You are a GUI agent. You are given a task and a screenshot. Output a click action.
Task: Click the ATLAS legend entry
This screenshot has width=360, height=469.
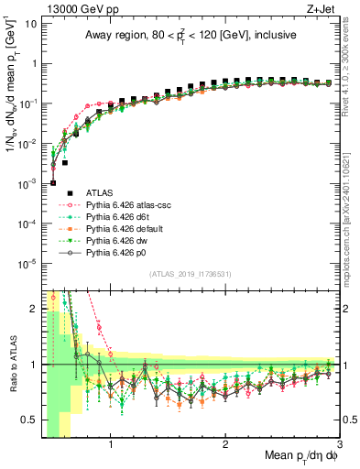click(100, 192)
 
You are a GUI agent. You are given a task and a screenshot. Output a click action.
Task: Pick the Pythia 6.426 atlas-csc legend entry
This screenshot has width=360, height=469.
click(131, 204)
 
